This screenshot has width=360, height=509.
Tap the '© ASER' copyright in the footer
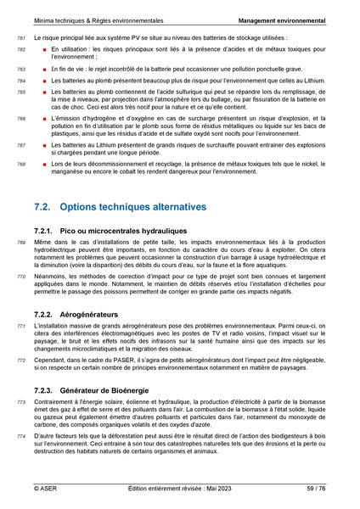46,489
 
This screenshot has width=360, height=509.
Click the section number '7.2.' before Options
44,207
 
